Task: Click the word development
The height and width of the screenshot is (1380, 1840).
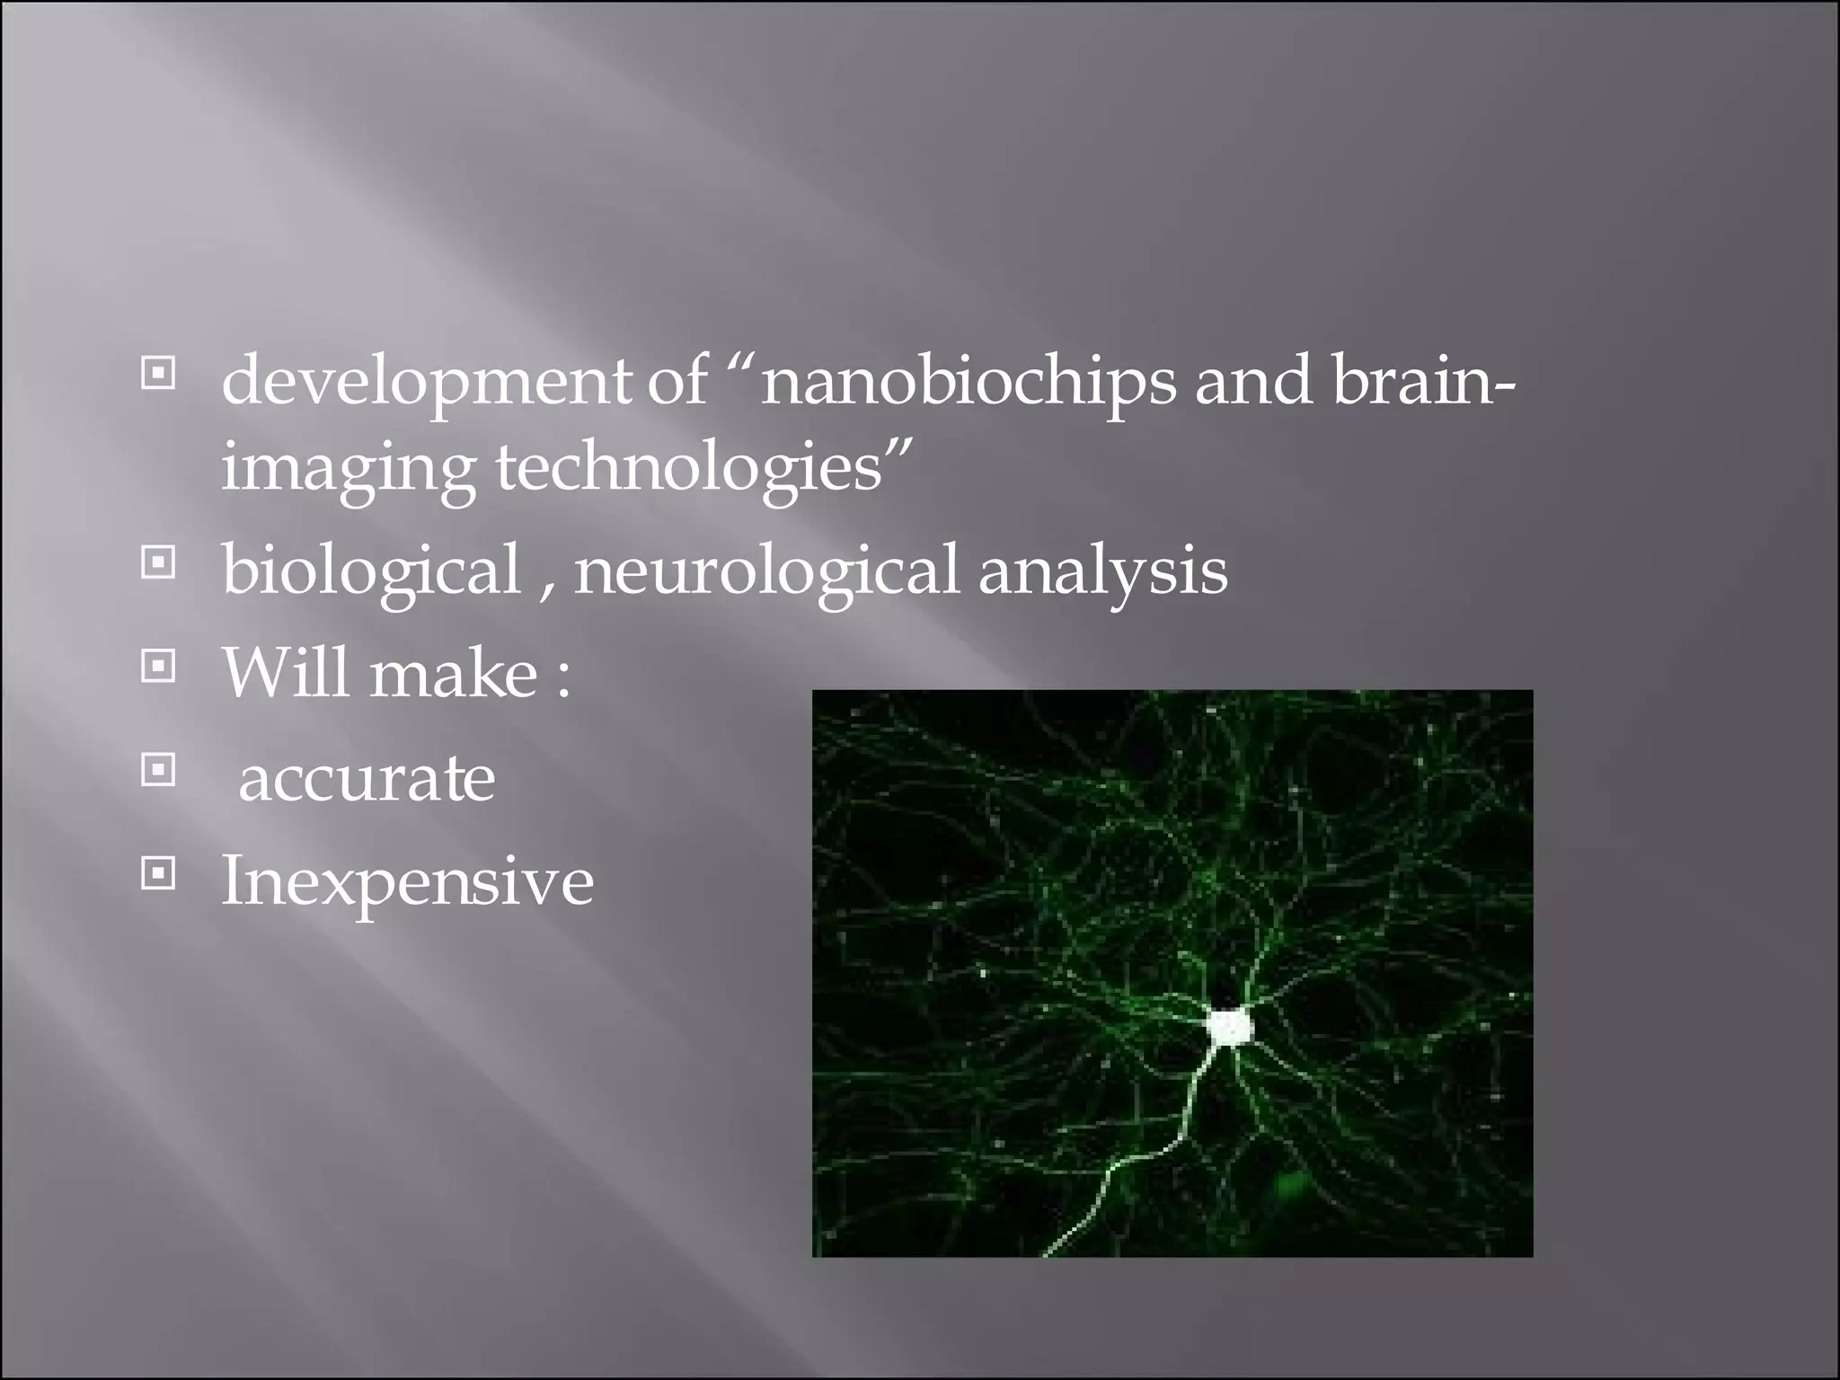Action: tap(426, 382)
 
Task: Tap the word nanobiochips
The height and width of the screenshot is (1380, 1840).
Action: tap(968, 382)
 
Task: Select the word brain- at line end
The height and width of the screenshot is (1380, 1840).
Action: tap(1423, 380)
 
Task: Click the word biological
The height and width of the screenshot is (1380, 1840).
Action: tap(371, 571)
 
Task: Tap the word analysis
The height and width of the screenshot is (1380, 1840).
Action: tap(1102, 571)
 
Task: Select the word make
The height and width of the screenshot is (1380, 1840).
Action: tap(454, 674)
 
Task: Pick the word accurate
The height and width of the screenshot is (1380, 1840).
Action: tap(367, 778)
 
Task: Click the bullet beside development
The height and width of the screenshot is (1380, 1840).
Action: tap(158, 371)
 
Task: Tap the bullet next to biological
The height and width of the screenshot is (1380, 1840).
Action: tap(158, 563)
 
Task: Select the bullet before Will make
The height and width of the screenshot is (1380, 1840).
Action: tap(158, 667)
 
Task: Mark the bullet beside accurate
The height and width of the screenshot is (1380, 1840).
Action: tap(158, 769)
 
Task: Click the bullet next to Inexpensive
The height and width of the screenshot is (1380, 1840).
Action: tap(158, 872)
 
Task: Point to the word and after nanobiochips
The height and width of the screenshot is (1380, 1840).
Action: tap(1252, 380)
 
